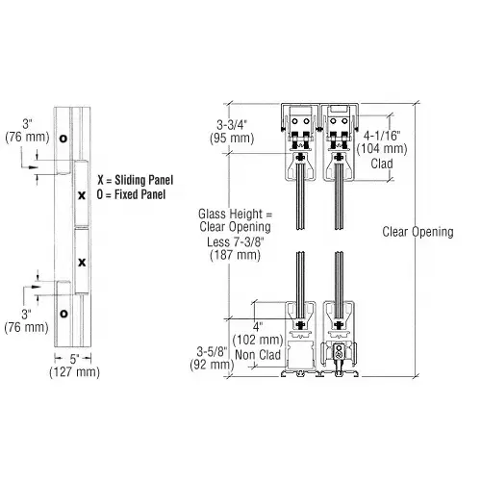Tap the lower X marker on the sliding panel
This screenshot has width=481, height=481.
(x=82, y=262)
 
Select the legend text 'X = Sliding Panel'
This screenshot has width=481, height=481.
(x=134, y=180)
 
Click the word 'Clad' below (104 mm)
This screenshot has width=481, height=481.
(x=382, y=163)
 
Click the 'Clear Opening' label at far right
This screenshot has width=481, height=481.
(x=418, y=232)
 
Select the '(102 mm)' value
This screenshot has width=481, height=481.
(x=260, y=339)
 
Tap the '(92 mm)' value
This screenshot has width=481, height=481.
(x=214, y=365)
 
